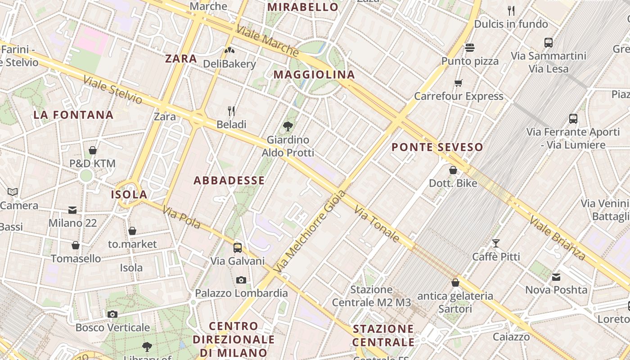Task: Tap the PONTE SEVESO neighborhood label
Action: (x=437, y=147)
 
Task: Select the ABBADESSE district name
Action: (x=229, y=180)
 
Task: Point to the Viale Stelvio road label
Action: (x=112, y=90)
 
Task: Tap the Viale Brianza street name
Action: (x=557, y=238)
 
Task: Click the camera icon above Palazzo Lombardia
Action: (x=241, y=280)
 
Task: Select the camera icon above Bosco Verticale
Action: (x=112, y=314)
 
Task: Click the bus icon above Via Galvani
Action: (x=238, y=247)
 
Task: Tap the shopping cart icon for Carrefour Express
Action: (x=459, y=83)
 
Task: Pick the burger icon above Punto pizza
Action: (x=470, y=47)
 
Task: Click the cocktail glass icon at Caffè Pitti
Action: (x=496, y=243)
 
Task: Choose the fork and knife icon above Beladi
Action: (x=231, y=111)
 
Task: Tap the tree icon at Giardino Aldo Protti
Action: (x=288, y=126)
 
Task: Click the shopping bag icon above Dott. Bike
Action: (x=453, y=170)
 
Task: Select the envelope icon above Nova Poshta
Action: (x=556, y=277)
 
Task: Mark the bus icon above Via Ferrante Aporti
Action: (x=573, y=119)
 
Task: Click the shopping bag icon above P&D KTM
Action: (x=93, y=150)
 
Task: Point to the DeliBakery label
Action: (x=229, y=64)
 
